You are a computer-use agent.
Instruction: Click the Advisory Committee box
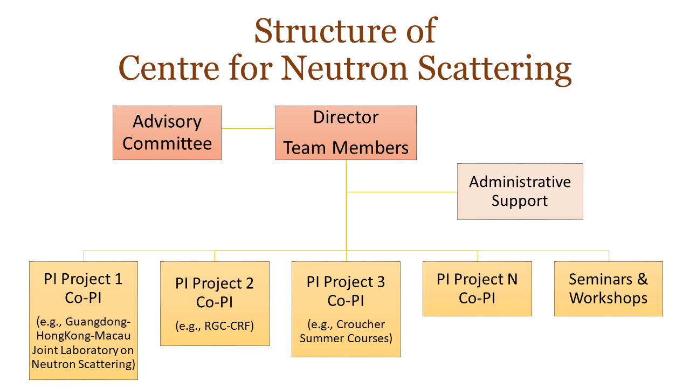167,133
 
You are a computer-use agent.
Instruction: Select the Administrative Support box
520,191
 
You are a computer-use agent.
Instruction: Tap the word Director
346,117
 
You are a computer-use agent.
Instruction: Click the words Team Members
346,148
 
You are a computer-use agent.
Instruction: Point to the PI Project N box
477,289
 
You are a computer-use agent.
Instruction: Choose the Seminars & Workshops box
609,289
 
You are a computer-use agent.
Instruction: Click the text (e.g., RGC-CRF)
215,326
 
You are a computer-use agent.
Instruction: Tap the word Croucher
361,324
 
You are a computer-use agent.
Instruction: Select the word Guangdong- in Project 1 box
98,322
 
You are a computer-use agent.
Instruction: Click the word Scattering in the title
494,70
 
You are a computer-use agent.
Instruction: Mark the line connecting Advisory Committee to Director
247,128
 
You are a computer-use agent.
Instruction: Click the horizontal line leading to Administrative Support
402,192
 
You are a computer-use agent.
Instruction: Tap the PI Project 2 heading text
215,283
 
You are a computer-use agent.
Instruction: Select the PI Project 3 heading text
346,282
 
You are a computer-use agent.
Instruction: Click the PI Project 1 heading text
83,279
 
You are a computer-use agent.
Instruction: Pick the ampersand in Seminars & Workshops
642,279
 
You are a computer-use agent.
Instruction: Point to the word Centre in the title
169,68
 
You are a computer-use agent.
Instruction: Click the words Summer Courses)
346,338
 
